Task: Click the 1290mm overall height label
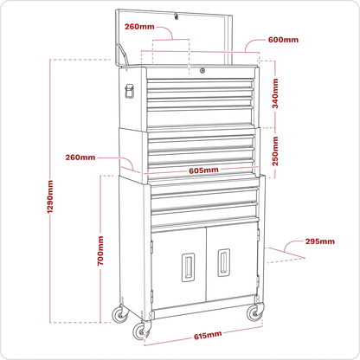tap(50, 196)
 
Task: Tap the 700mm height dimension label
tap(100, 251)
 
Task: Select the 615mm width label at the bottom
tap(208, 336)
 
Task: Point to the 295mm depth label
tap(320, 241)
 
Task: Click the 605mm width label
tap(203, 170)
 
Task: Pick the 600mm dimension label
tap(283, 40)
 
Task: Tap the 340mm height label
tap(275, 93)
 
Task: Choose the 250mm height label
tap(275, 151)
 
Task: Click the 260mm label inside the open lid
tap(139, 27)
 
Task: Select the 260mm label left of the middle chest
tap(80, 157)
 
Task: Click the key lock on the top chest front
tap(202, 70)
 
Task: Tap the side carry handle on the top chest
tap(129, 91)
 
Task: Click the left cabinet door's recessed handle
tap(188, 267)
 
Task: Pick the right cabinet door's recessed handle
tap(223, 262)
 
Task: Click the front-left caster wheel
tap(141, 331)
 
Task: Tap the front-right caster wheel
tap(255, 312)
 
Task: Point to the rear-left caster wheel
tap(120, 314)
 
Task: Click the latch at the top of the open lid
tap(176, 16)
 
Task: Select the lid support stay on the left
tap(122, 54)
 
